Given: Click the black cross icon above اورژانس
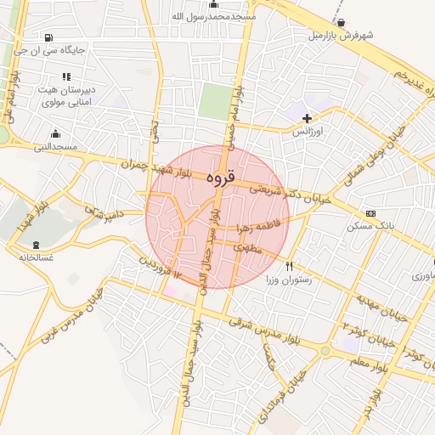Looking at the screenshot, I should (x=307, y=117).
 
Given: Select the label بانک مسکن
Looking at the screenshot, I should (x=368, y=228).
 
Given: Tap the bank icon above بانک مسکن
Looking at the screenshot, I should (x=370, y=213).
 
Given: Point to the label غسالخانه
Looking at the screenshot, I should (x=29, y=256).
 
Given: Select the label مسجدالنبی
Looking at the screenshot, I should (x=55, y=147).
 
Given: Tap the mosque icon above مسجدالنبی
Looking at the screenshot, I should (x=56, y=133).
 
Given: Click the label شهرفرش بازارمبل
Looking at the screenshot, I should (x=341, y=36).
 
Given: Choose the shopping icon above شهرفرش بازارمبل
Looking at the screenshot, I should (x=341, y=22).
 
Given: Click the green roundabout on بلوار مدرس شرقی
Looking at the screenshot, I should (x=325, y=350).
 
